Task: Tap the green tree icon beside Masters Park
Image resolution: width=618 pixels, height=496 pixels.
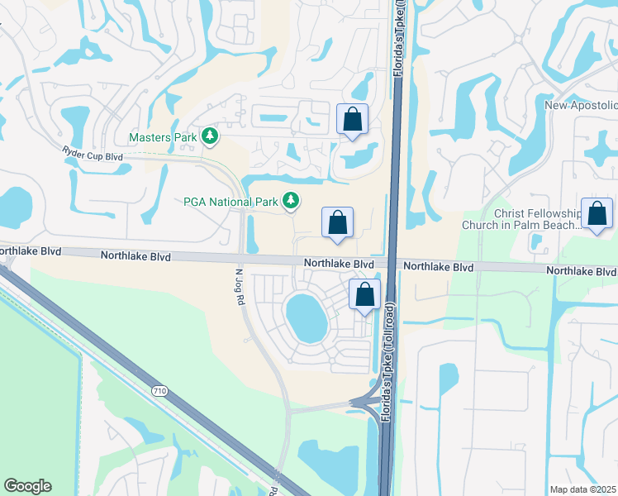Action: (x=210, y=135)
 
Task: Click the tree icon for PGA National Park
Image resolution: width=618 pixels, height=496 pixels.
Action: (x=290, y=200)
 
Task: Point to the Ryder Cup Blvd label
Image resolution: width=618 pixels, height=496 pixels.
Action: (x=93, y=154)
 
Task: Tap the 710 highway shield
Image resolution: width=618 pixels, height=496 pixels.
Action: (x=159, y=389)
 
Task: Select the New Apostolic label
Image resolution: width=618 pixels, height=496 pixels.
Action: (x=581, y=105)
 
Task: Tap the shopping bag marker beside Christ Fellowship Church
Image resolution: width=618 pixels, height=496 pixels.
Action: (x=597, y=214)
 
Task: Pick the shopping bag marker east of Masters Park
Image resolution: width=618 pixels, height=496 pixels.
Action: (x=353, y=120)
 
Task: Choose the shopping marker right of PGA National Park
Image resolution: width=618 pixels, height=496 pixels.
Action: (x=337, y=222)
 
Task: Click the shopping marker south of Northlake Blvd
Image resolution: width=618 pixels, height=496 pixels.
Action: (x=364, y=294)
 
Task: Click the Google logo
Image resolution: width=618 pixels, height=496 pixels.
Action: (x=27, y=486)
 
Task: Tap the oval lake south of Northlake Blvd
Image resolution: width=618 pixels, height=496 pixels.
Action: (x=306, y=317)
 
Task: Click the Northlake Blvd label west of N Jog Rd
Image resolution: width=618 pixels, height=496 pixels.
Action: (x=135, y=256)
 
